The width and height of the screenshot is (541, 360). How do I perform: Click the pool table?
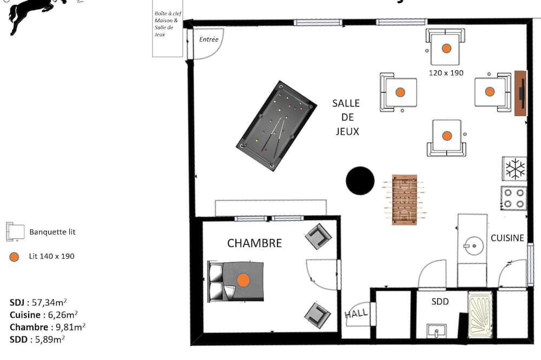(276, 126)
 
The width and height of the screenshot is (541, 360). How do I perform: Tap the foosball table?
(404, 199)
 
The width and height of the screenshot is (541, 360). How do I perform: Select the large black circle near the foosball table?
(360, 181)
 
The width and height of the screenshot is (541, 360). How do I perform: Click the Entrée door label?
(209, 39)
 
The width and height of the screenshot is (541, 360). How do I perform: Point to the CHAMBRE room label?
(255, 243)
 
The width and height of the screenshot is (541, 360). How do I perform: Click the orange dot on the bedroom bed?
(243, 281)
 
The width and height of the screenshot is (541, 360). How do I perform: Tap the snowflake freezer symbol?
(515, 169)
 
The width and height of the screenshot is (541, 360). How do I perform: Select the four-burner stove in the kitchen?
(514, 198)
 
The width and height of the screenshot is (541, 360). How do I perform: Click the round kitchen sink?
(473, 245)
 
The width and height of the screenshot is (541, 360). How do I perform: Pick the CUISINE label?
(507, 238)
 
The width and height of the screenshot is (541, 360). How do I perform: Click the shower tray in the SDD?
(480, 315)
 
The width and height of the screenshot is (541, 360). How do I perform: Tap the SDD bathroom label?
(440, 302)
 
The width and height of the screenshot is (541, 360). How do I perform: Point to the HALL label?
(356, 314)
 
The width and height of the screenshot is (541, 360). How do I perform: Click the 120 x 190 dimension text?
(446, 73)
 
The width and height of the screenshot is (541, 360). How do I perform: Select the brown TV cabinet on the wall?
(520, 93)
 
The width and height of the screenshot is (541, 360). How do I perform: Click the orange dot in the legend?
(14, 257)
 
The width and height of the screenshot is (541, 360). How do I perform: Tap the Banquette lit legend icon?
(15, 231)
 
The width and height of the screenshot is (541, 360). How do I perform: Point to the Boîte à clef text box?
(168, 29)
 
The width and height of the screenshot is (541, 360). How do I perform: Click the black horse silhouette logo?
(38, 16)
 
